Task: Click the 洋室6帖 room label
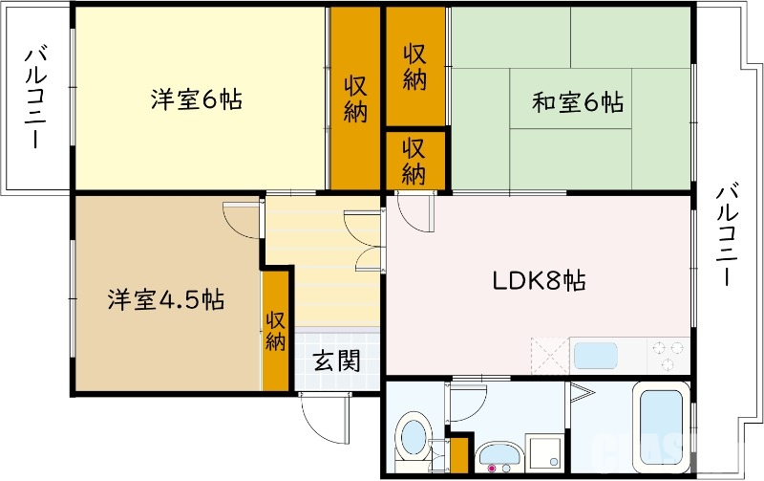click(195, 99)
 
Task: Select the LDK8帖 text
click(539, 281)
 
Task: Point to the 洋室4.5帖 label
click(165, 299)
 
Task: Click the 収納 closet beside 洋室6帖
click(356, 98)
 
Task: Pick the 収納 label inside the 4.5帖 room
click(276, 331)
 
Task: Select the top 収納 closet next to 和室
click(414, 67)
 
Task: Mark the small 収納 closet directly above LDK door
click(414, 161)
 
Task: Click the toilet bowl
click(414, 435)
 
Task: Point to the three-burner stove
click(668, 356)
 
